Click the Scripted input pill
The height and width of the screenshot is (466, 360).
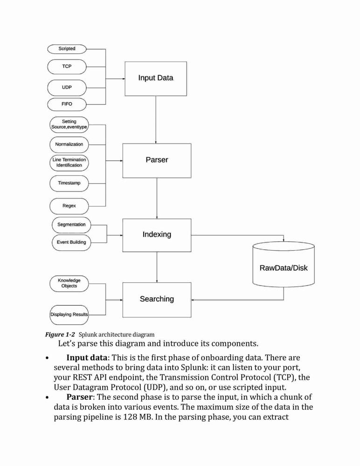67,49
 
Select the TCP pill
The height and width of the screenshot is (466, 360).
67,67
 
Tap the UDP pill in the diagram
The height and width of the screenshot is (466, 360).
67,88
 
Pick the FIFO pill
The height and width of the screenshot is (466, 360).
67,104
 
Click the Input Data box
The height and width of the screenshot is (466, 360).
156,79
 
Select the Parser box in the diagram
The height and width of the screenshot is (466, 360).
157,161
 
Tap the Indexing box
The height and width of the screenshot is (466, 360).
157,235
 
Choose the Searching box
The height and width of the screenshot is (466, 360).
157,300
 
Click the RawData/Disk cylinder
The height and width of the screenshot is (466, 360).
284,264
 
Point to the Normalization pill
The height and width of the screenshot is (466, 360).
69,144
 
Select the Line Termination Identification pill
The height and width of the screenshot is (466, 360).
69,163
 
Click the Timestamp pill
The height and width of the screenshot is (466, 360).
69,183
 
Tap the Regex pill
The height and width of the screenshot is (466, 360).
69,206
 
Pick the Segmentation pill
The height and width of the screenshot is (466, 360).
71,225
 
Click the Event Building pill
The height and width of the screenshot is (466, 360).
71,242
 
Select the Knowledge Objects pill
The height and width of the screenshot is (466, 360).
69,283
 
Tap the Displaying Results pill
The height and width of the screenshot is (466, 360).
69,315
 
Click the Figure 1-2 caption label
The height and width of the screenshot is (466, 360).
60,335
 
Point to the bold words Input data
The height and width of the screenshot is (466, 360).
87,357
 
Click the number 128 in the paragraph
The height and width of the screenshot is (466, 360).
130,417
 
